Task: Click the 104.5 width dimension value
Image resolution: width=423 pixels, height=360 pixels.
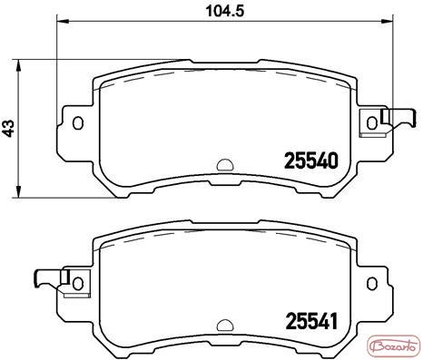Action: (225, 12)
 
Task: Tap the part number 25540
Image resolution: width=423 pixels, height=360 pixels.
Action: (310, 161)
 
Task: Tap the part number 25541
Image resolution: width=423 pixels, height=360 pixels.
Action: (311, 321)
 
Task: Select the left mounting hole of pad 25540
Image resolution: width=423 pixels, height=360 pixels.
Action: (78, 122)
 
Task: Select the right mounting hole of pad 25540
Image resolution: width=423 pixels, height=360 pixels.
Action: (372, 122)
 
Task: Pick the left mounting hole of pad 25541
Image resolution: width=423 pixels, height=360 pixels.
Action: (78, 283)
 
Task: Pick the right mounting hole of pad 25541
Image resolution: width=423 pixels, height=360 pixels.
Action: (372, 283)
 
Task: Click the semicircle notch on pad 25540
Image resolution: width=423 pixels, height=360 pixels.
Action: (225, 165)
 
